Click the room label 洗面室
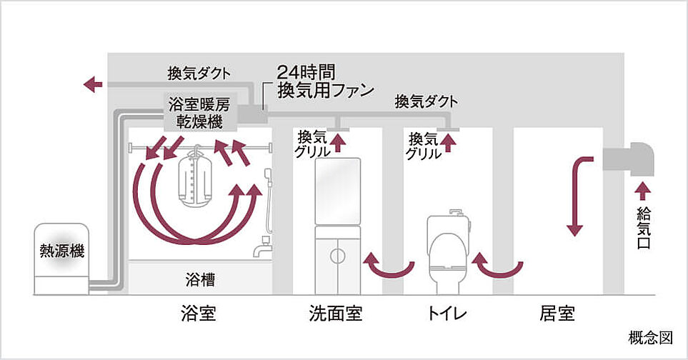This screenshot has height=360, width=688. tap(335, 314)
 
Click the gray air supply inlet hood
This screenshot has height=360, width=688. tap(627, 157)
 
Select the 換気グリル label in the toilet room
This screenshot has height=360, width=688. tap(424, 144)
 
